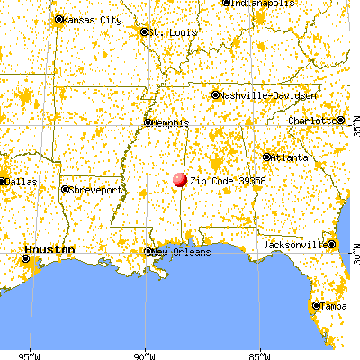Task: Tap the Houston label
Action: [50, 248]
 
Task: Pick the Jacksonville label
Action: [294, 245]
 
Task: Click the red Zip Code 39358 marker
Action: [180, 181]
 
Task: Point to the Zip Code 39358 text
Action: [228, 181]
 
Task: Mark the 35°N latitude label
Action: [354, 130]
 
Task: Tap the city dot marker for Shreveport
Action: [66, 190]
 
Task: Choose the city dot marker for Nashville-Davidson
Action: [216, 94]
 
